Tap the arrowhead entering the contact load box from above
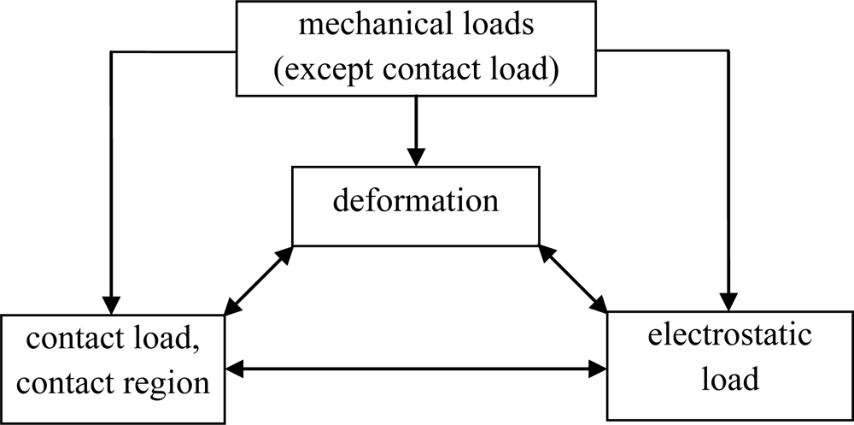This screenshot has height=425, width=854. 112,305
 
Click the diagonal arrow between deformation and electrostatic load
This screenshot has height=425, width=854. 572,279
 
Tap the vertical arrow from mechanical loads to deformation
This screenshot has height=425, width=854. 416,128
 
